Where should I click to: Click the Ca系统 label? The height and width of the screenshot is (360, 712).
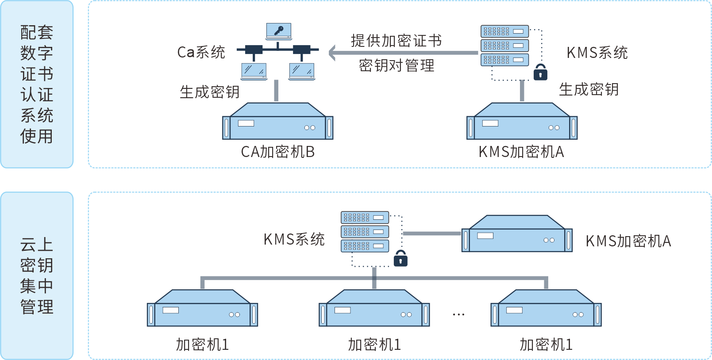click(201, 52)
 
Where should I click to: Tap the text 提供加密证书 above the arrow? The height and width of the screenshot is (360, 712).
click(396, 41)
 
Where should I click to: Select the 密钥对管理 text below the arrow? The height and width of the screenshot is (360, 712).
click(396, 65)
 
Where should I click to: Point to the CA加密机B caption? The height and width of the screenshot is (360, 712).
click(277, 152)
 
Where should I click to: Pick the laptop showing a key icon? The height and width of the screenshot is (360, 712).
click(278, 31)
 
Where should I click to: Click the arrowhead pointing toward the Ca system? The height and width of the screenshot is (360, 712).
click(333, 53)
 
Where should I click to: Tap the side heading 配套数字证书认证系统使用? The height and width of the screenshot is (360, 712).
click(37, 84)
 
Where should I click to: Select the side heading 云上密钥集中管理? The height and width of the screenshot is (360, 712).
click(37, 276)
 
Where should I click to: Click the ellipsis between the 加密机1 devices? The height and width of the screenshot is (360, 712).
click(458, 314)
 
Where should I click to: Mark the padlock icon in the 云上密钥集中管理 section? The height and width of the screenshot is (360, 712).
click(400, 258)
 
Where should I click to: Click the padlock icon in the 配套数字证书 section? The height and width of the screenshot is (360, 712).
click(540, 73)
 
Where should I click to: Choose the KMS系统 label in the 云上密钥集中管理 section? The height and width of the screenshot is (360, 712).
click(294, 239)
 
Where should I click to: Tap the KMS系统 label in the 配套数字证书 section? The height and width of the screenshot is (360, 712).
click(597, 53)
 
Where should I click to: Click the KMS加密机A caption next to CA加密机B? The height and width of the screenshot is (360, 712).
click(521, 152)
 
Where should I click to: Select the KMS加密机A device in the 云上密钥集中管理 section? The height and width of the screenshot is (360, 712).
click(517, 234)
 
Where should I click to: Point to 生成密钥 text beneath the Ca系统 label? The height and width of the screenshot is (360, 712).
click(209, 92)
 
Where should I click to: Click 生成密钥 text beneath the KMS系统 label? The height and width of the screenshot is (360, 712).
click(589, 89)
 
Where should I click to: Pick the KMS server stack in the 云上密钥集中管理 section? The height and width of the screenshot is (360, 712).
click(365, 231)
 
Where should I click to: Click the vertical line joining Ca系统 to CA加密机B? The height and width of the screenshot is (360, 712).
click(276, 91)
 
